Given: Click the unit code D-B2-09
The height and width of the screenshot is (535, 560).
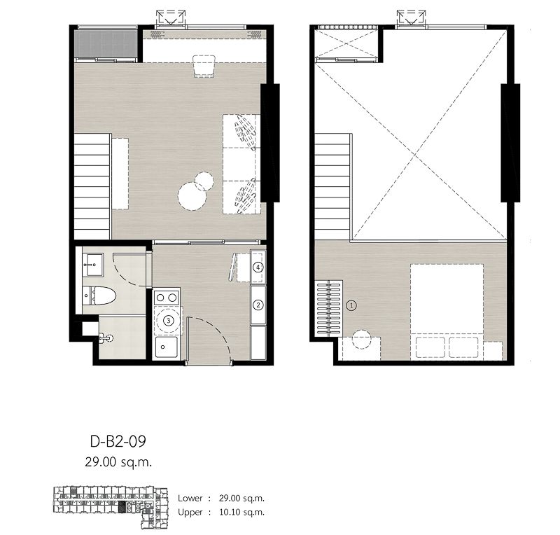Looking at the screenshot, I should pos(117,442).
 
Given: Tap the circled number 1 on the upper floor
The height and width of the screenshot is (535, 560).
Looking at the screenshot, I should pos(351,305).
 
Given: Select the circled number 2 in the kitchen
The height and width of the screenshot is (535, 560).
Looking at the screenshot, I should pos(258,305).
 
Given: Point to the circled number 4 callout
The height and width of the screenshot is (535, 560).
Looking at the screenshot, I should pos(258,267).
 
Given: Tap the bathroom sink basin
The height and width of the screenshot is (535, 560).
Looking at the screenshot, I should pos(92,262).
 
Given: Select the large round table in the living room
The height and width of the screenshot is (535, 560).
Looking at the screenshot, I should pos(192,196).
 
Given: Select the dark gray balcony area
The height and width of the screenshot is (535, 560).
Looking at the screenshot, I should pos(105,43).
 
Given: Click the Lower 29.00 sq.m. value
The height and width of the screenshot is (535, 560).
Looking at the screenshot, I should pos(240,499).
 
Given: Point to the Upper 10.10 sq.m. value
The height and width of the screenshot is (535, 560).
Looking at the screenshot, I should pos(240,513).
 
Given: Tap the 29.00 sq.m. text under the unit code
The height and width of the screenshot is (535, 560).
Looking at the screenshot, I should pos(117,461).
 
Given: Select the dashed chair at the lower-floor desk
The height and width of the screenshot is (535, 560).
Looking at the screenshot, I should pos(204,66).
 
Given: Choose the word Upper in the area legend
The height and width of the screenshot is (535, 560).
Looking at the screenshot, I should pos(190,513).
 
